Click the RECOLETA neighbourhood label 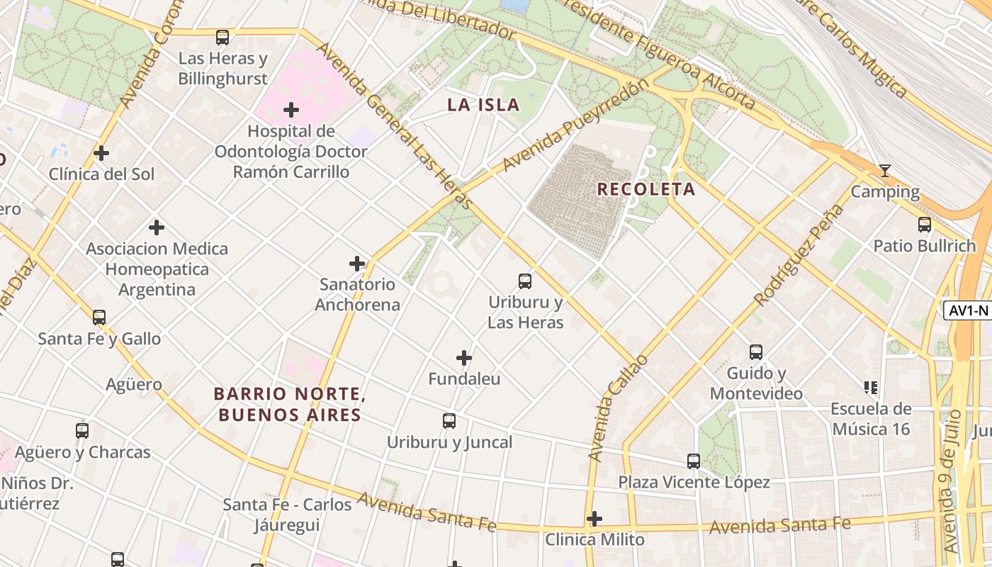646,189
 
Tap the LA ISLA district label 483,105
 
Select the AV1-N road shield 967,310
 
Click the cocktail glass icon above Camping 884,171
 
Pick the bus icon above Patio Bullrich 924,225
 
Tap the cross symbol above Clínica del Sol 101,153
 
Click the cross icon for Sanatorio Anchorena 357,264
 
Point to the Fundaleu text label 464,379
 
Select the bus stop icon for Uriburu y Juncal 449,421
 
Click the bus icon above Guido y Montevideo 756,352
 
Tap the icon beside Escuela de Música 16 871,388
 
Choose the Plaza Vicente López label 694,483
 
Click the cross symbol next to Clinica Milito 594,519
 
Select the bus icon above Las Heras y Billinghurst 222,38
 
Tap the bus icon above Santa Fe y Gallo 99,318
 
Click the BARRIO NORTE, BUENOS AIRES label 290,404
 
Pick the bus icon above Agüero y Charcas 82,431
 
